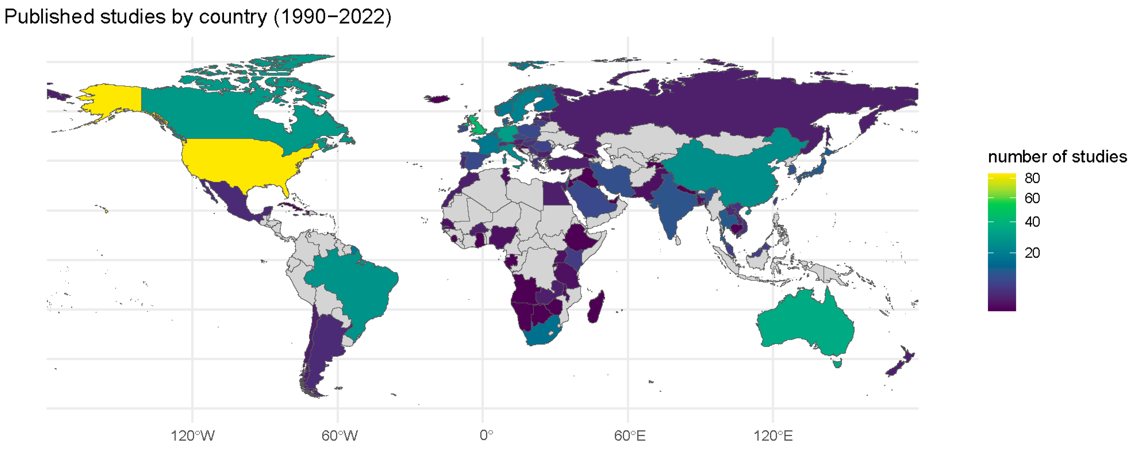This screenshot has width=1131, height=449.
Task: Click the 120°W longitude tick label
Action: coord(192,435)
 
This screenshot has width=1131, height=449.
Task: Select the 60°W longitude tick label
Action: coord(339,435)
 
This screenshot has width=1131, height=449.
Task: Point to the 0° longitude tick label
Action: coord(486,435)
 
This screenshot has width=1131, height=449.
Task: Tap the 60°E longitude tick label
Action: coord(630,435)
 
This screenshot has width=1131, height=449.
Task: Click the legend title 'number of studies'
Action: coord(1057,157)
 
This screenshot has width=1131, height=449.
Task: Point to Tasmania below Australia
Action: coord(837,363)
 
